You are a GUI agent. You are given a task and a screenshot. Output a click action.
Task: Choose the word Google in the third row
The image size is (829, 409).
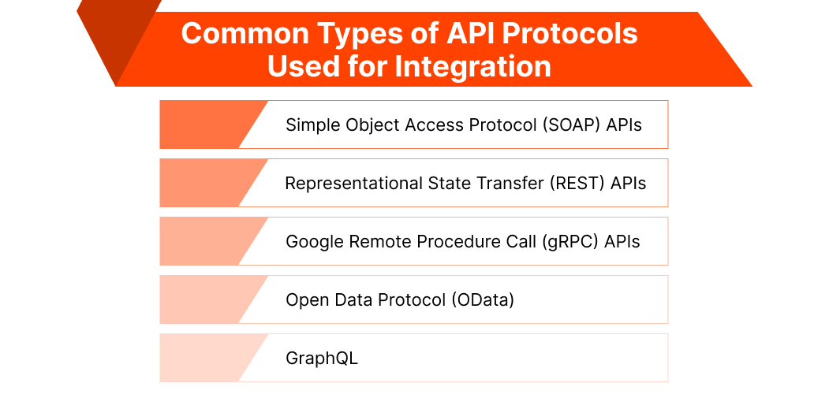(313, 241)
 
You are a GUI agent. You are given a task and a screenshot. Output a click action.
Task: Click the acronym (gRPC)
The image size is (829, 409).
(568, 241)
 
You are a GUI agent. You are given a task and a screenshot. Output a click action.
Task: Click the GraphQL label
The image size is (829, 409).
(322, 358)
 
